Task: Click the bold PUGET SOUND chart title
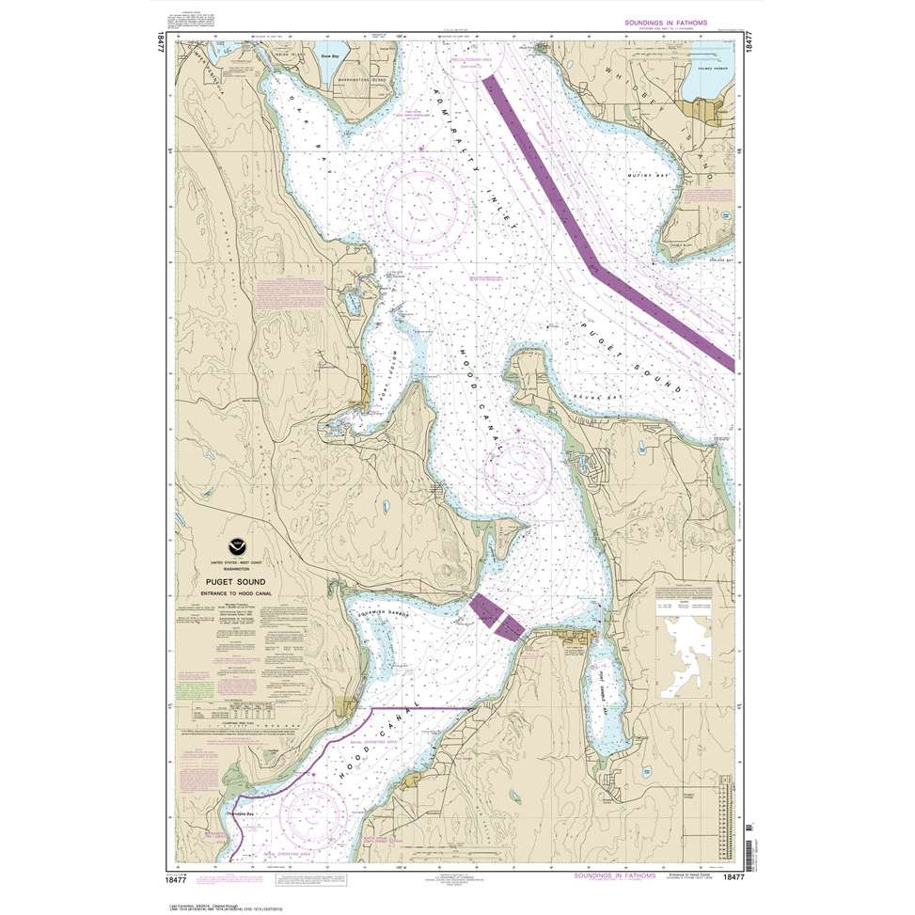229,582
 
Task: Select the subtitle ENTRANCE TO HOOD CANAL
229,594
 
